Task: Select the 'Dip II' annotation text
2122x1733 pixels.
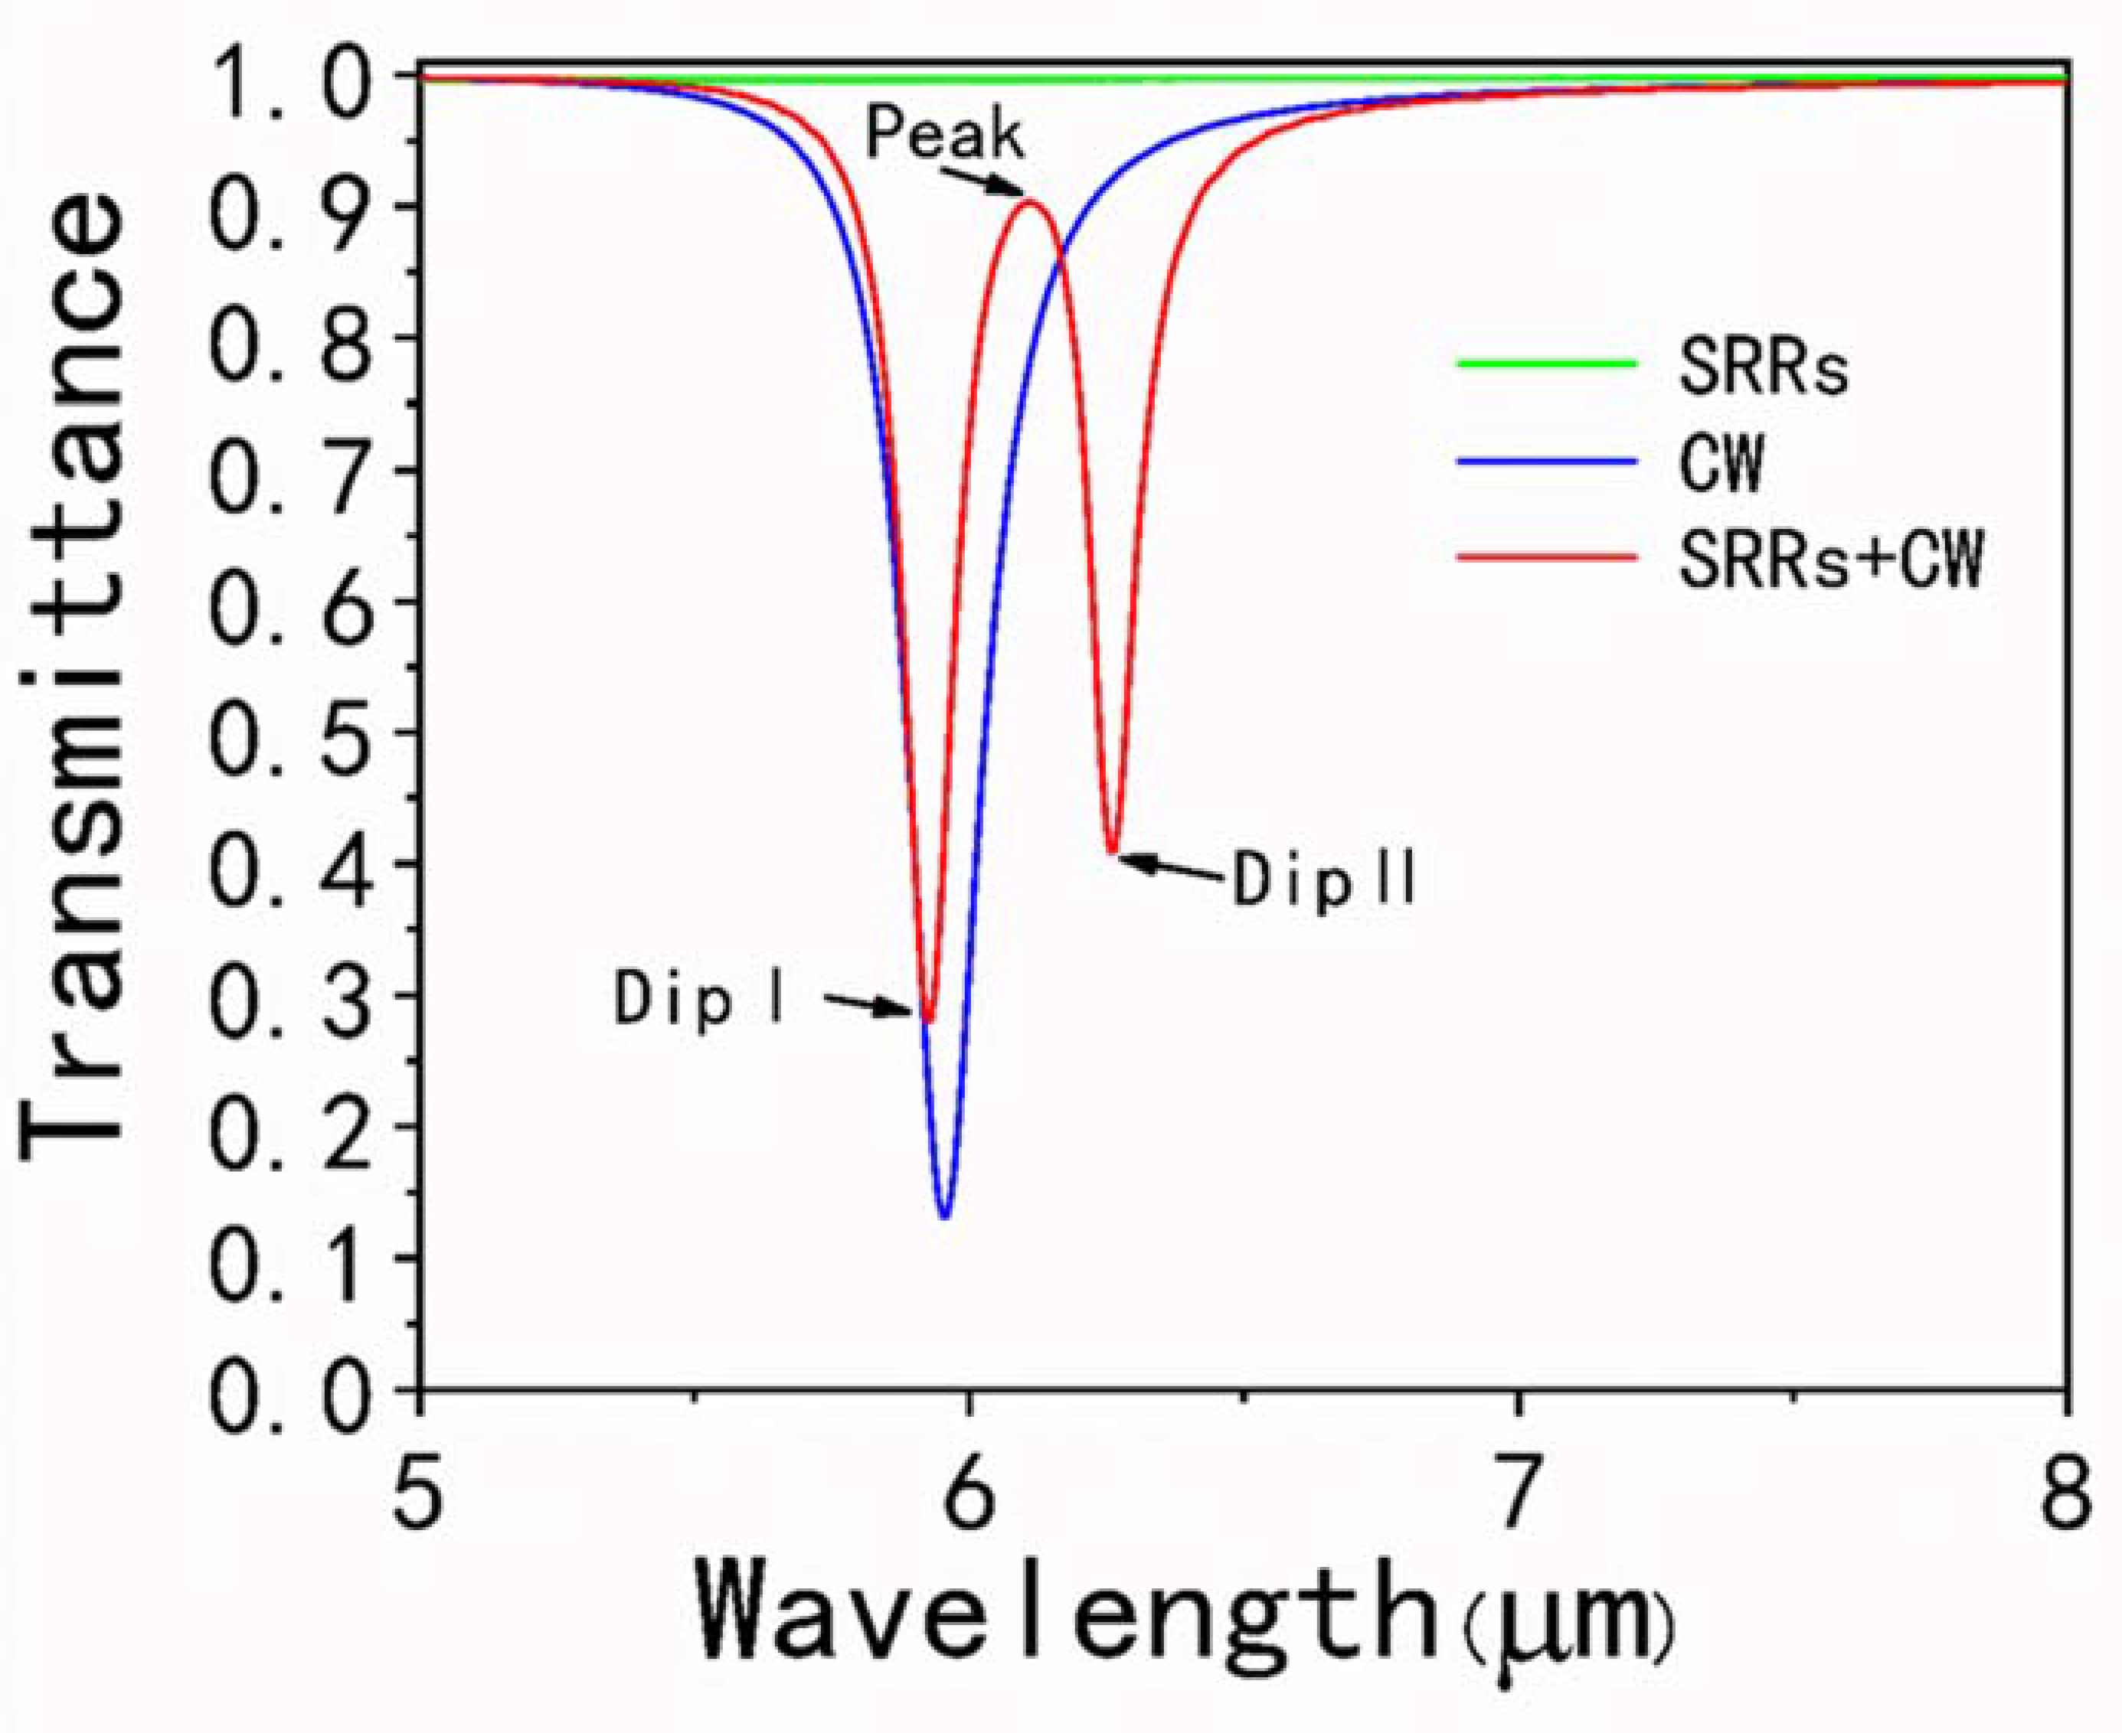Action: click(1324, 879)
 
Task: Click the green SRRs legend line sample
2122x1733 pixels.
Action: click(1547, 364)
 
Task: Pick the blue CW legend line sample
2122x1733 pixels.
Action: click(1547, 462)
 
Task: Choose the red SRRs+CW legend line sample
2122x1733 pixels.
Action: click(1547, 558)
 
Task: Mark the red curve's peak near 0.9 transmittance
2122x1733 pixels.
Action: click(1031, 204)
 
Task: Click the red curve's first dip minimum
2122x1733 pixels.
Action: click(927, 1020)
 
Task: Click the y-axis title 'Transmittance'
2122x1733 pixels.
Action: click(75, 679)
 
